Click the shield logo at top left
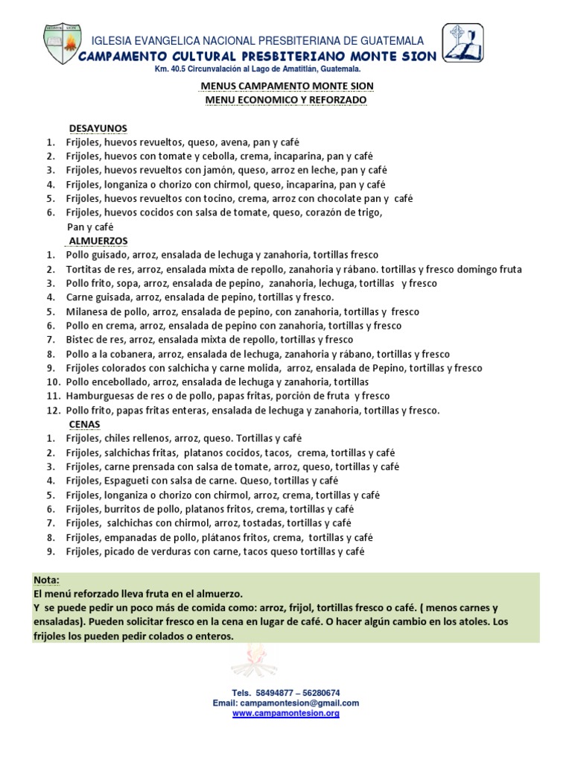(x=60, y=45)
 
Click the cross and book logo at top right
(x=463, y=43)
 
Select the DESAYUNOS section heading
(x=98, y=128)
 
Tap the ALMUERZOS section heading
(x=97, y=241)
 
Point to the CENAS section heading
(x=84, y=424)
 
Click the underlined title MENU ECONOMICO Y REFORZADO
(x=286, y=99)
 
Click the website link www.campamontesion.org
(x=286, y=713)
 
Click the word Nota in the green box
(x=46, y=580)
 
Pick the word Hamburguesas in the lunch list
(x=97, y=396)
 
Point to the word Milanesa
(x=86, y=311)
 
